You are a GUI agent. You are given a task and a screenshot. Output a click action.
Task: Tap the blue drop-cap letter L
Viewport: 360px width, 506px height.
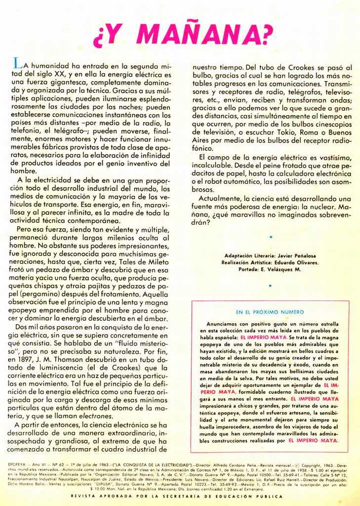coord(17,63)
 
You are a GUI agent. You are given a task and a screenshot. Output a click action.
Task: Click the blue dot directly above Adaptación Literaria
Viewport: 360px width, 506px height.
coord(271,237)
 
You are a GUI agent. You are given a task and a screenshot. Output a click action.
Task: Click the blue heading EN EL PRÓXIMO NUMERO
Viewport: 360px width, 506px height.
coord(270,312)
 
